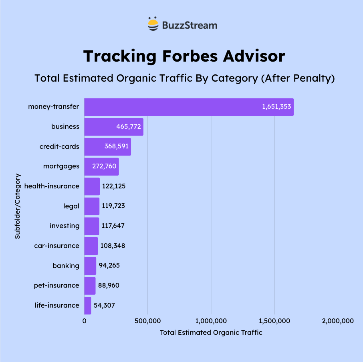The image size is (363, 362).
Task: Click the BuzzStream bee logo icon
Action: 153,25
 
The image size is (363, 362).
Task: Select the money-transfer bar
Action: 189,107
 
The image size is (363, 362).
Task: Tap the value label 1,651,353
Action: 276,107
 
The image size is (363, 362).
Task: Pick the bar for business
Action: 113,127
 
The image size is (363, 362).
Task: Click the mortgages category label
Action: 61,166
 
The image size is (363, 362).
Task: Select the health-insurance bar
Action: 92,186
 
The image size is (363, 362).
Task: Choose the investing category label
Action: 65,226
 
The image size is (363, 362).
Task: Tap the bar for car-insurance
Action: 91,246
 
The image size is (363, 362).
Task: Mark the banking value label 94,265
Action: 109,265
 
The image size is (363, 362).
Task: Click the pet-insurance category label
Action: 56,285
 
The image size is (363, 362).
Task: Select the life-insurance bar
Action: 88,305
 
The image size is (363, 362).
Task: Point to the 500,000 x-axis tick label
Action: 147,321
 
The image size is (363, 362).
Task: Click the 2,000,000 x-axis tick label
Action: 338,321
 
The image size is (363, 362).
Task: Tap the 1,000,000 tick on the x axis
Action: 211,321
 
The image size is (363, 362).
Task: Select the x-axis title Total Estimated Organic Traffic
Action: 211,332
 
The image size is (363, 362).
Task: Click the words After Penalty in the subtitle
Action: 298,78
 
